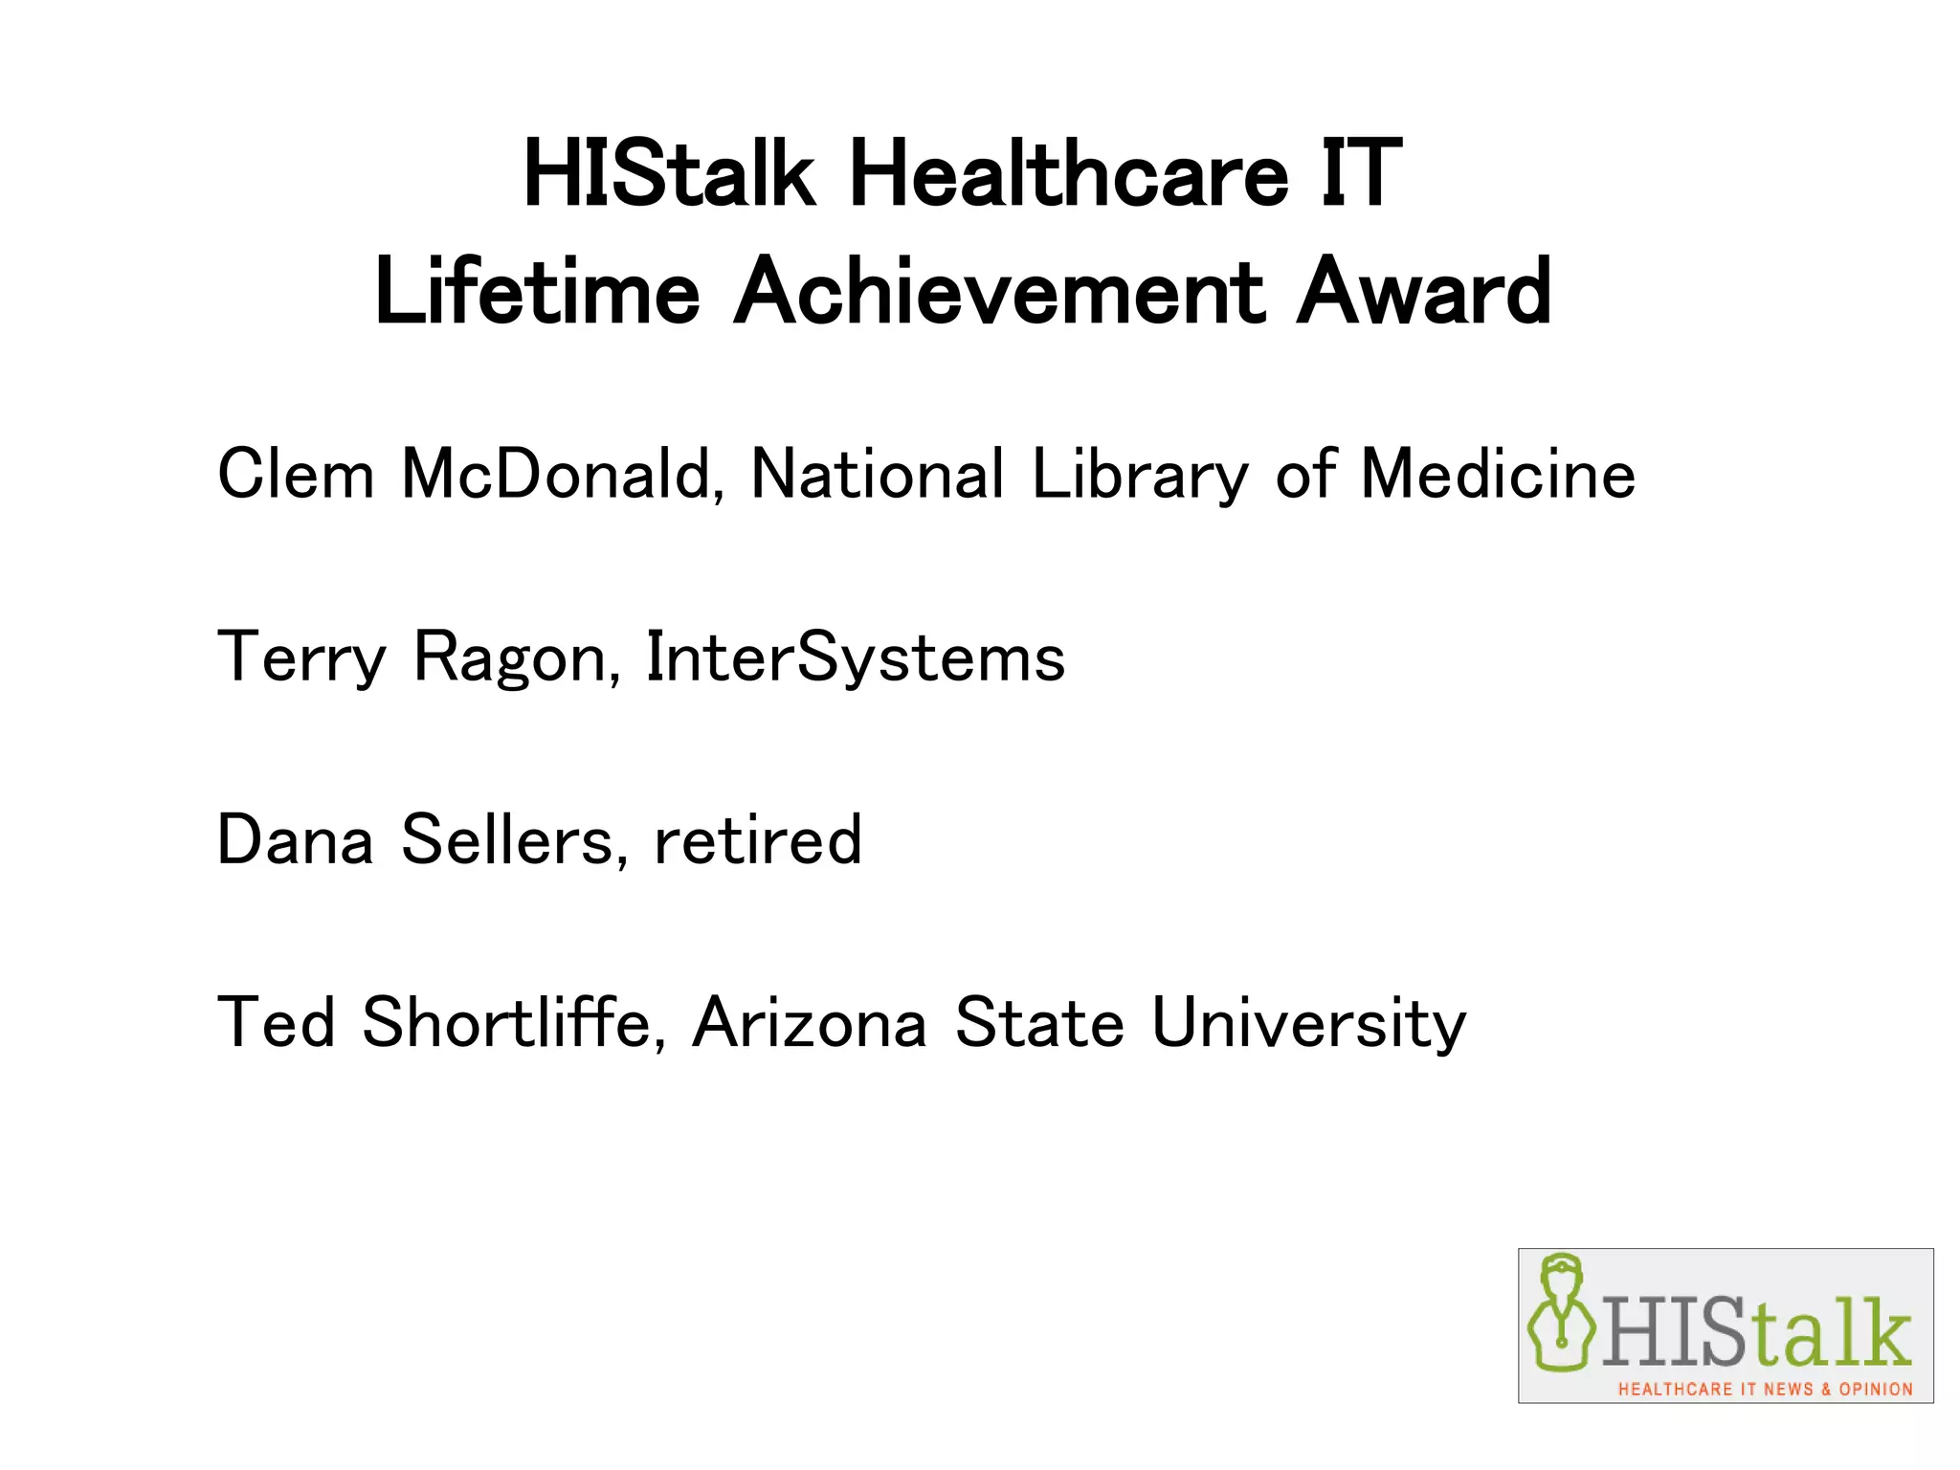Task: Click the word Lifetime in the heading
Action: point(537,292)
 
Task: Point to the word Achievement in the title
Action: point(999,292)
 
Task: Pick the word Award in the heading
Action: point(1423,292)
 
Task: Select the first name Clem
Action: point(296,474)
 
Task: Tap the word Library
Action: point(1140,476)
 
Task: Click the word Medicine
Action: point(1498,474)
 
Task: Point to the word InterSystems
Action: point(856,658)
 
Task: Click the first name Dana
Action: point(295,840)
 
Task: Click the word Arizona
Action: point(810,1022)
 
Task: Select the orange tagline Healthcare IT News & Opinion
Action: point(1765,1389)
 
